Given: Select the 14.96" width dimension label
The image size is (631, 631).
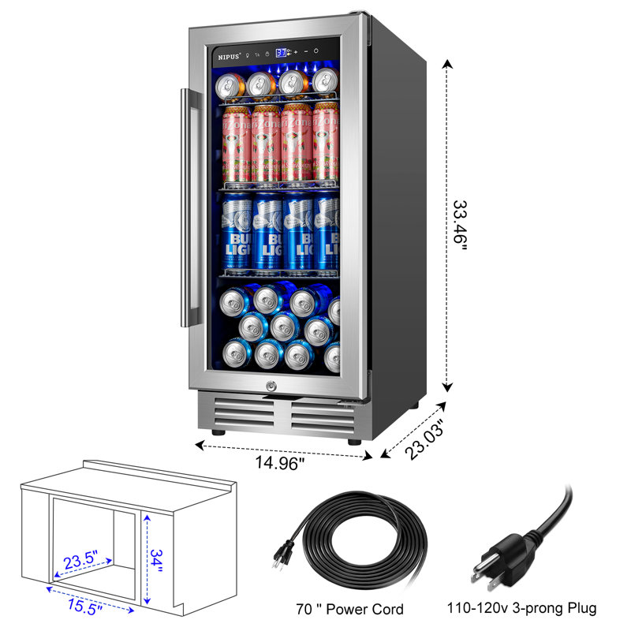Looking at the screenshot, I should [278, 465].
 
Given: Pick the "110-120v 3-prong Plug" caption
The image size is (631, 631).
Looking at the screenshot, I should [532, 608].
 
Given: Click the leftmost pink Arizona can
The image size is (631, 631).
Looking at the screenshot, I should [235, 143].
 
